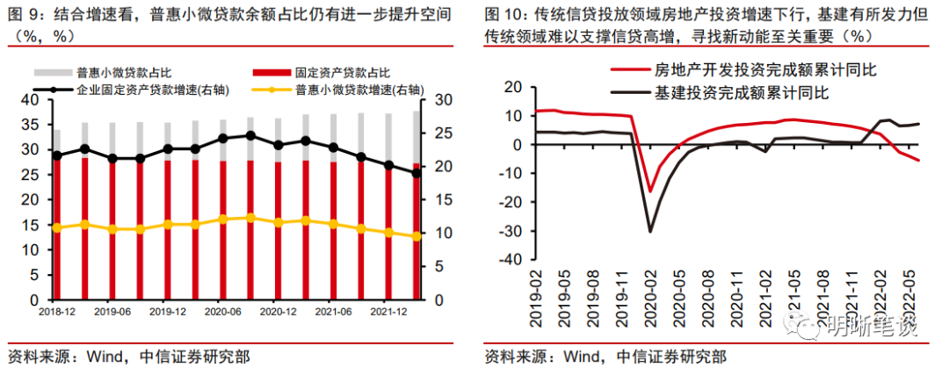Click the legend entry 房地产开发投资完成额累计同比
pyautogui.click(x=765, y=69)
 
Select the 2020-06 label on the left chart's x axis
pyautogui.click(x=222, y=312)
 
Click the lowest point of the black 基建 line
pyautogui.click(x=650, y=232)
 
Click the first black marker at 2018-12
pyautogui.click(x=57, y=155)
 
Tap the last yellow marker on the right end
pyautogui.click(x=417, y=235)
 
